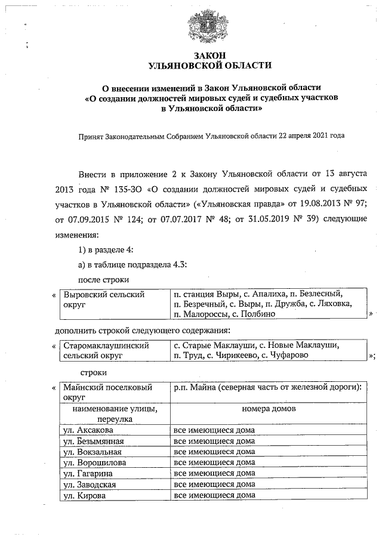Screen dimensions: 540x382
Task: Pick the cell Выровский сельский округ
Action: [104, 299]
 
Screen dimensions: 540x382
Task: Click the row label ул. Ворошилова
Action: [93, 462]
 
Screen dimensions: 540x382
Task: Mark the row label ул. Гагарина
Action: [87, 473]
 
